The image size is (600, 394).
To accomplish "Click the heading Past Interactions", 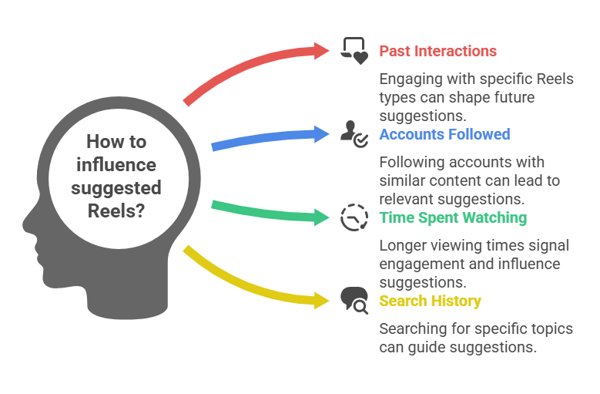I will pos(437,52).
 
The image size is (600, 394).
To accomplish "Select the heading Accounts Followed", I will pos(444,134).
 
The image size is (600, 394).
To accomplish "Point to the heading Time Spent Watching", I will pos(453,217).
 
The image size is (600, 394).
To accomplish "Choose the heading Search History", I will pos(430,301).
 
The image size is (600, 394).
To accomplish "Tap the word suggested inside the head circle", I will pos(116,188).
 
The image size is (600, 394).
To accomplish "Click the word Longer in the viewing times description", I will pos(401,245).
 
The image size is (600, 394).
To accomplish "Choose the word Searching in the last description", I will pos(411,329).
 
